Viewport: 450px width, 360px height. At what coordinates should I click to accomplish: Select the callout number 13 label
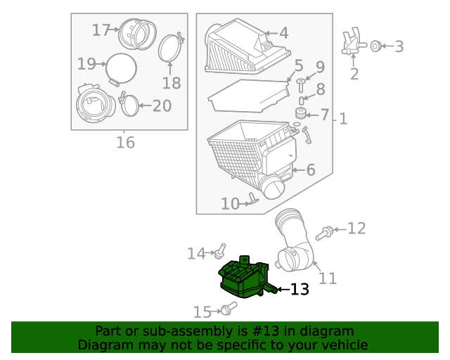[x=300, y=290]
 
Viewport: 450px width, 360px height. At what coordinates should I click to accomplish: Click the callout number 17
[x=101, y=30]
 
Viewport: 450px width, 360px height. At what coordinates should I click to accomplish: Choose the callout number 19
[x=86, y=64]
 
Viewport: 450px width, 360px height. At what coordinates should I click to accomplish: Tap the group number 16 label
[x=124, y=143]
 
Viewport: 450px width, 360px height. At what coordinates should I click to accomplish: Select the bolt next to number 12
[x=326, y=231]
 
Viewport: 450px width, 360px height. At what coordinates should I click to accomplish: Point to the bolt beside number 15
[x=227, y=308]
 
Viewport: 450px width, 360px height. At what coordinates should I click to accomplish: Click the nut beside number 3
[x=375, y=46]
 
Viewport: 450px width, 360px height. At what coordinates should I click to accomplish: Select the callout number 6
[x=310, y=169]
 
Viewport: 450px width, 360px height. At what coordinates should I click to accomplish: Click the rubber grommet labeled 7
[x=300, y=113]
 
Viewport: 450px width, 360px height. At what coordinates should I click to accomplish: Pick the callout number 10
[x=230, y=204]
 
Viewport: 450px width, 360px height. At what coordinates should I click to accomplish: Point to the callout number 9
[x=320, y=67]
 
